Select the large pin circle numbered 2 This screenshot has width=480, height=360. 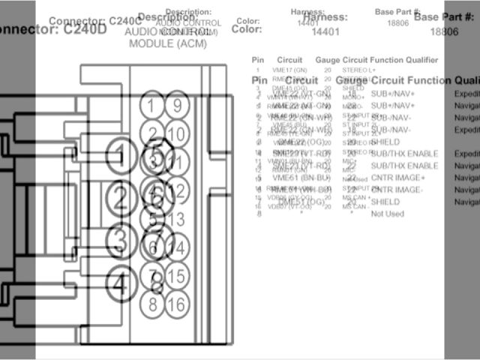pos(120,198)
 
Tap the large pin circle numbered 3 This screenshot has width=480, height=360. pos(120,241)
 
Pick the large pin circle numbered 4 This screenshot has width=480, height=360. pos(120,284)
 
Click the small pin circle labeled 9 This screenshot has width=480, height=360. pos(177,106)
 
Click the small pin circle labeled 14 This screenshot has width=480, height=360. pos(177,247)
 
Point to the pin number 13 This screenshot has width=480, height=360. pos(177,220)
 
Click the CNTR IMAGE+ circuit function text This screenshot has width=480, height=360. pos(398,178)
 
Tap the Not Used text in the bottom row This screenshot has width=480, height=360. pos(388,214)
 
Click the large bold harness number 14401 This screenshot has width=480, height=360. pos(325,31)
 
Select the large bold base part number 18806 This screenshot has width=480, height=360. pos(445,31)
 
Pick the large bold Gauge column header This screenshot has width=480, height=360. pos(351,80)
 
